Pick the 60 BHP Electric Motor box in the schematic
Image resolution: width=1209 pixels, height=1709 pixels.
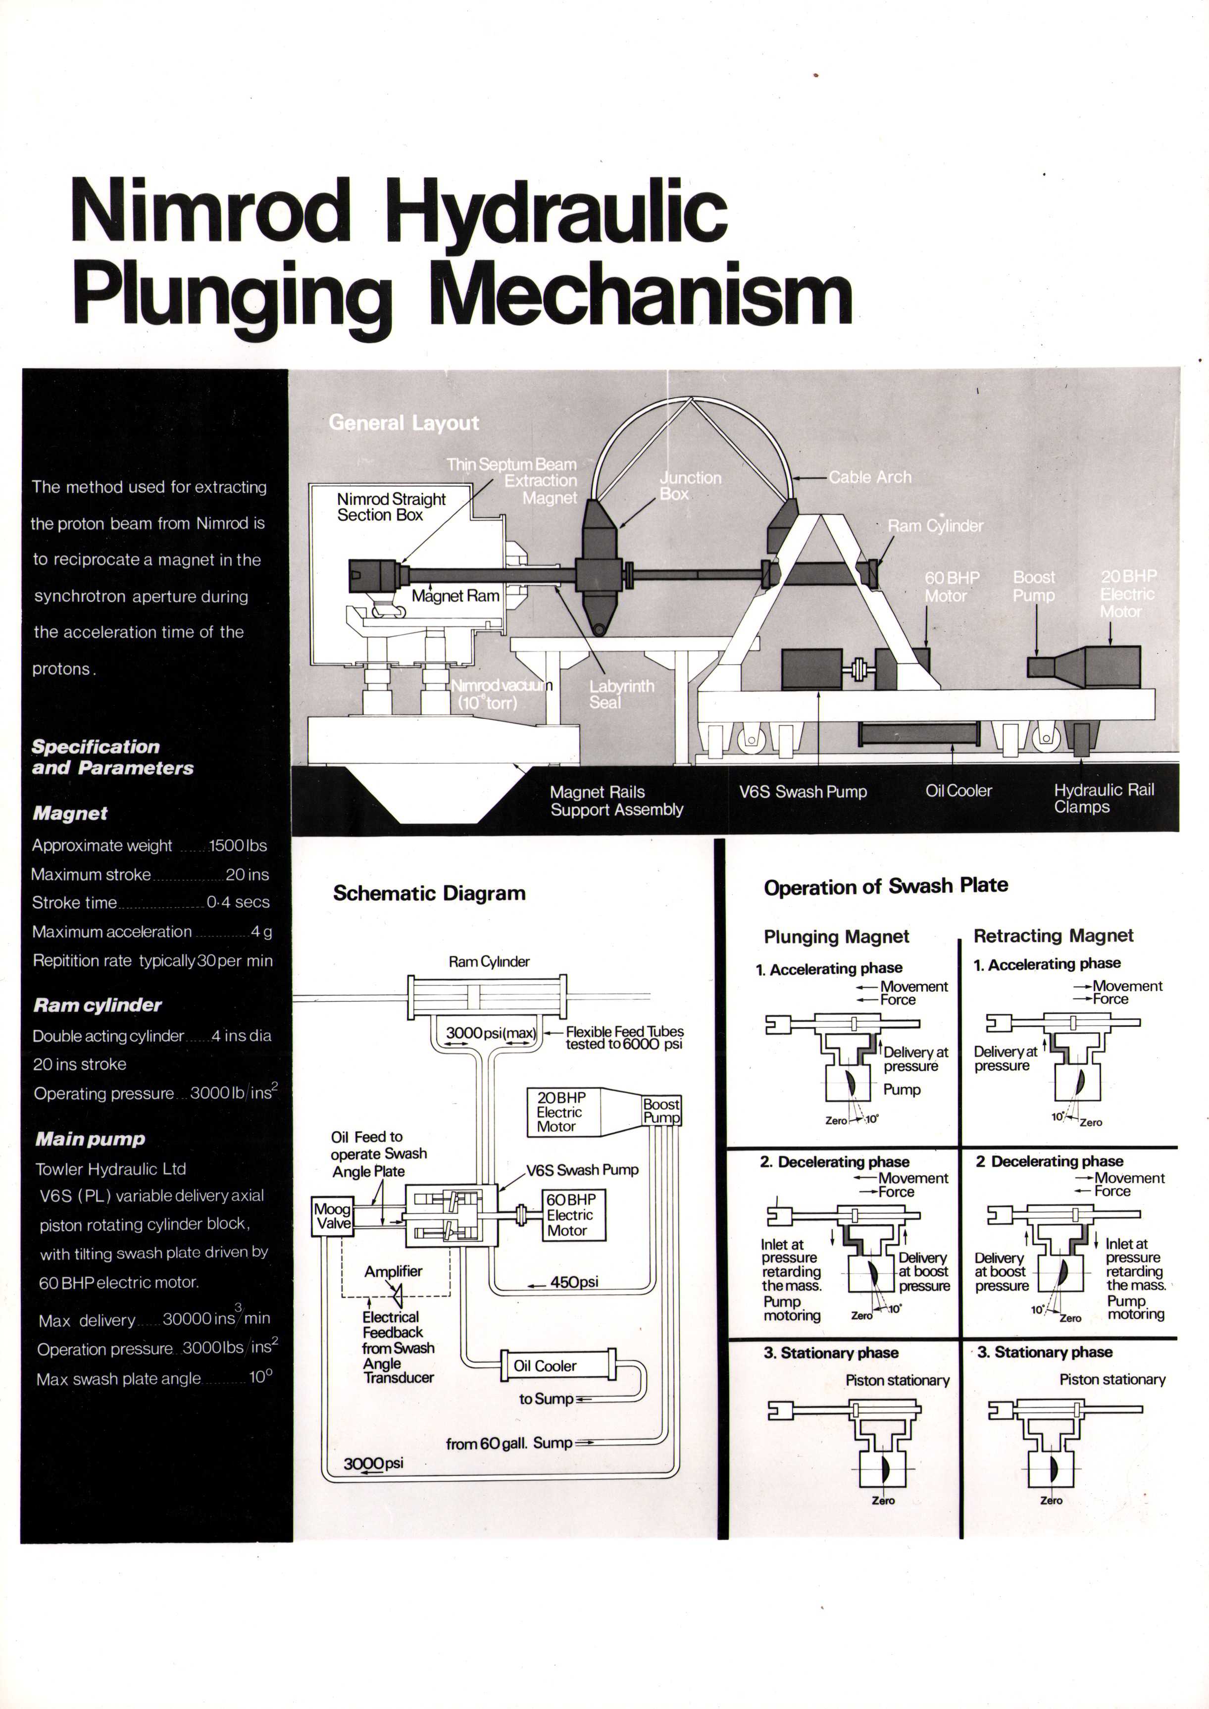coord(573,1215)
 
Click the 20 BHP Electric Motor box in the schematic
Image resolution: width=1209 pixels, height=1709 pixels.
coord(562,1112)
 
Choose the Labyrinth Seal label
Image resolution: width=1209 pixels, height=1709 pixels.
coord(621,694)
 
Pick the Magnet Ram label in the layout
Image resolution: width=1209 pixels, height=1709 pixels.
coord(455,596)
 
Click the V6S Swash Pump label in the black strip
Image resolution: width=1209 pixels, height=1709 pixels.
coord(803,791)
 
